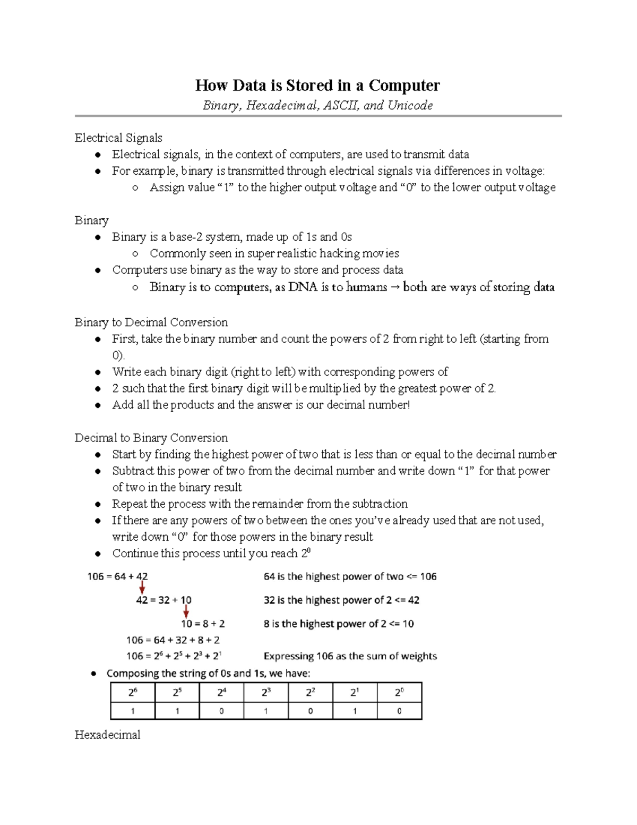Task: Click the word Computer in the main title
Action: point(404,86)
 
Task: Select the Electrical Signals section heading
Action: point(118,138)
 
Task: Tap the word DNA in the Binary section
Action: point(303,287)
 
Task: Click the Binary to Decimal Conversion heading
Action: point(151,322)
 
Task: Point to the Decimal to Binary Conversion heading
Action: point(151,438)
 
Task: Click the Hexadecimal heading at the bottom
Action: point(107,735)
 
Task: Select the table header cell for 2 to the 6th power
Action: point(133,693)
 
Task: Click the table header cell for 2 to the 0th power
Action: point(399,693)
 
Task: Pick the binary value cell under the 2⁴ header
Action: point(221,711)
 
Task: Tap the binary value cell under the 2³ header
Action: point(266,711)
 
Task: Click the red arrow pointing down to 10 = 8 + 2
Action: point(186,611)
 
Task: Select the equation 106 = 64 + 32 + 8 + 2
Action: point(173,640)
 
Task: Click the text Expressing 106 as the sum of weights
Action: point(350,657)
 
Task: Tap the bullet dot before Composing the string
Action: point(94,674)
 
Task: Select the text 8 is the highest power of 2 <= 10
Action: point(339,624)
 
